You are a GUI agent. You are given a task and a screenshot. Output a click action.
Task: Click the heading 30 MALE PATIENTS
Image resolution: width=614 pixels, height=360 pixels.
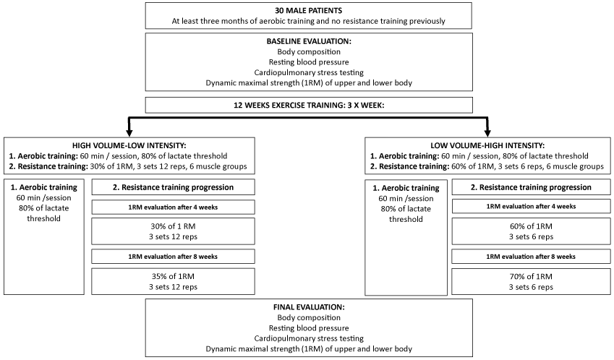point(309,11)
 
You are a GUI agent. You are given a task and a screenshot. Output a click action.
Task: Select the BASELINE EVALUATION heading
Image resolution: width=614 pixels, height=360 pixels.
point(309,41)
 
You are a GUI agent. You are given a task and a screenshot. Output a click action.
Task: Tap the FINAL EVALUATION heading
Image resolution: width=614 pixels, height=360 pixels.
point(309,307)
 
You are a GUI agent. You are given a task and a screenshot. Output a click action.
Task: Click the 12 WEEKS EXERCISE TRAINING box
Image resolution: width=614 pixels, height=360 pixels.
point(309,106)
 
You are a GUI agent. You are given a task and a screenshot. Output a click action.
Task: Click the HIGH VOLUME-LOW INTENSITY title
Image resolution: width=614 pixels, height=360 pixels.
point(129,145)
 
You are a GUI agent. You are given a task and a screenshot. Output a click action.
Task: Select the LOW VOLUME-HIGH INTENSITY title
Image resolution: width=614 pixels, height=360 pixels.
point(487,145)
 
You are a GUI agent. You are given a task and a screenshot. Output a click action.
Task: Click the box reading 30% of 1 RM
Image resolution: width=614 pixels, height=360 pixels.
point(173,231)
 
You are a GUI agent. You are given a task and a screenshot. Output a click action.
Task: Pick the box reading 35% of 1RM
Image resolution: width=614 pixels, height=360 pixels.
point(173,281)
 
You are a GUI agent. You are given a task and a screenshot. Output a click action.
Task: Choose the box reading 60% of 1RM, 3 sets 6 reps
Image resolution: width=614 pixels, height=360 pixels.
point(531,231)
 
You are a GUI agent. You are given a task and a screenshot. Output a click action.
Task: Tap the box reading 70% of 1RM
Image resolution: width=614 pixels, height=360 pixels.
point(531,281)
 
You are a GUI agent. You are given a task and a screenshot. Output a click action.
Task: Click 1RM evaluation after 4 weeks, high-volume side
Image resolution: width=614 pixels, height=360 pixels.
point(173,207)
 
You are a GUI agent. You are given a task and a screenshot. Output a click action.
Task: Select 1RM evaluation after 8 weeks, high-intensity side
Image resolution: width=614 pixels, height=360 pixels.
point(531,257)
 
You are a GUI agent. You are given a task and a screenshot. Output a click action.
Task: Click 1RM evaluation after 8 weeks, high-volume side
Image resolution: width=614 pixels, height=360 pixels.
point(173,257)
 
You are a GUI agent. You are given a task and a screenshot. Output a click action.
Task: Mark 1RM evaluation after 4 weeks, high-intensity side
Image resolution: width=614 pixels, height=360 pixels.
point(531,206)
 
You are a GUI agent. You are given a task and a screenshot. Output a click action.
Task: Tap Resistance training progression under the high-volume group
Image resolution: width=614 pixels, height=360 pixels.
point(173,187)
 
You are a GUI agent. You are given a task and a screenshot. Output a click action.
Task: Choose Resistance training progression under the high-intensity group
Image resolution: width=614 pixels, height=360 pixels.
point(531,187)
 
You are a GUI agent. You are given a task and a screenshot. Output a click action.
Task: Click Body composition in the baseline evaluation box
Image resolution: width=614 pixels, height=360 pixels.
point(309,51)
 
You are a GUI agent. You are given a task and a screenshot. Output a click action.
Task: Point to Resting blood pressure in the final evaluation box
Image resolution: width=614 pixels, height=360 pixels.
point(309,328)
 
